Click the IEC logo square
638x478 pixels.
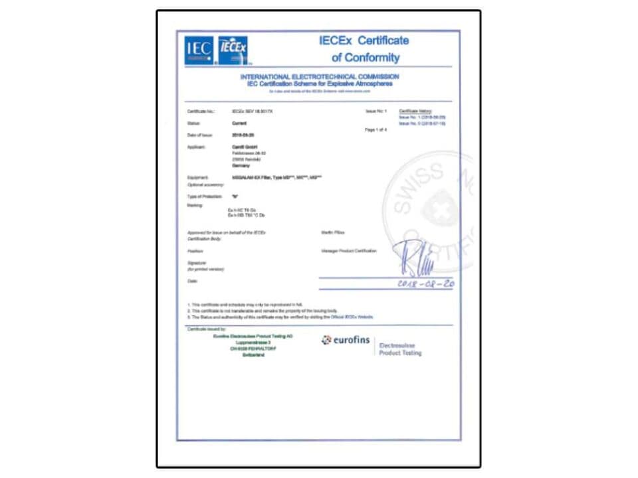199,50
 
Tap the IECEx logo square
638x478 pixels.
233,50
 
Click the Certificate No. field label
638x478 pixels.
201,111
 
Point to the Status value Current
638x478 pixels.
239,123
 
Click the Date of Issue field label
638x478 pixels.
200,135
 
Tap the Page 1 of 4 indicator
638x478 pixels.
376,130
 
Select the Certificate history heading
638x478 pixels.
415,110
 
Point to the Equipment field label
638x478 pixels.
198,178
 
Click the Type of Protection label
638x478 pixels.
204,197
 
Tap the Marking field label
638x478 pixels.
195,205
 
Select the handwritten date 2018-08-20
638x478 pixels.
425,283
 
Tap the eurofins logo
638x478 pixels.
346,341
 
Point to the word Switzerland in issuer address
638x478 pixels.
253,356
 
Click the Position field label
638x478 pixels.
195,252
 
